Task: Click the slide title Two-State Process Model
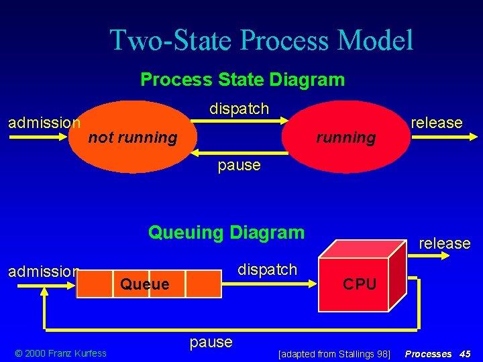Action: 262,40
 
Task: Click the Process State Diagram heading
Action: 242,80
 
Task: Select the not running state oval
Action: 133,137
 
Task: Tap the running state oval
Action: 345,137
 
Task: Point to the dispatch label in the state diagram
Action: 239,109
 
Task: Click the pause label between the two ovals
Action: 239,165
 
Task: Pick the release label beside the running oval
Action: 436,123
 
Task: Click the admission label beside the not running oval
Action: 44,123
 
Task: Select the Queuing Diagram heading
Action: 226,233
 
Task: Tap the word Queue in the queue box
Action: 144,284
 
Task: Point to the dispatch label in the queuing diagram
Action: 267,269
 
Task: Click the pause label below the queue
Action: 211,342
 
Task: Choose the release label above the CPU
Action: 444,243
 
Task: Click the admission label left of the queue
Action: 43,271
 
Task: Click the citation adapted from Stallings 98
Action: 333,353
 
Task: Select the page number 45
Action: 465,353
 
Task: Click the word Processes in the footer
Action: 428,353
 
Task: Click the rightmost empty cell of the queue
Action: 203,284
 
